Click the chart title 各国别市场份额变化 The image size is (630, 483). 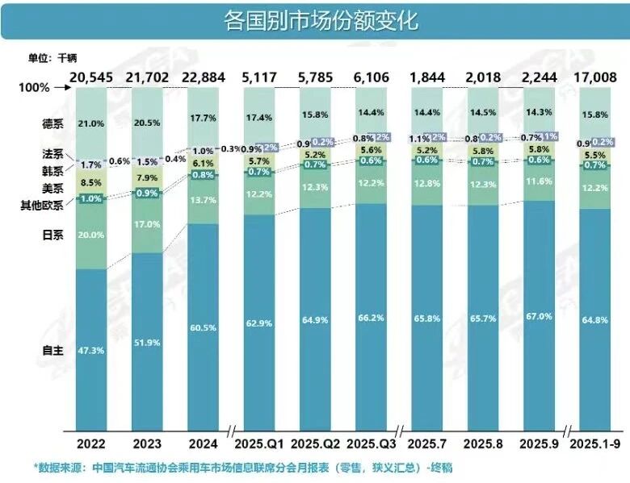[x=314, y=19]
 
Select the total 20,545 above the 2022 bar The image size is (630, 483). [x=96, y=77]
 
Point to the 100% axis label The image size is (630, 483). [x=34, y=87]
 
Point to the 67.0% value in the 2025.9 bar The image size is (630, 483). [x=538, y=317]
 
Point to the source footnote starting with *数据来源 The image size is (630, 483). [x=241, y=467]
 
